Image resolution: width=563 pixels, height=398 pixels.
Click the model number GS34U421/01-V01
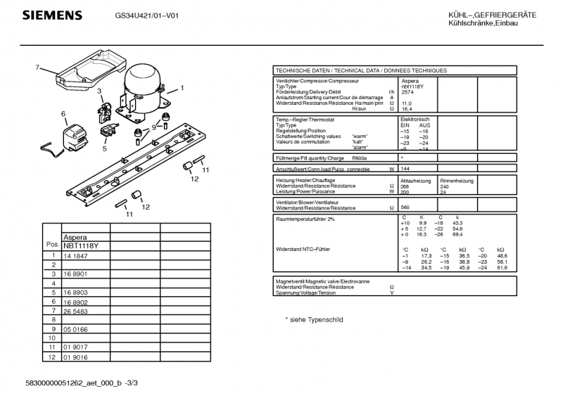(146, 15)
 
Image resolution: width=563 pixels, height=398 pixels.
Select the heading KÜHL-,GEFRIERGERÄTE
(492, 15)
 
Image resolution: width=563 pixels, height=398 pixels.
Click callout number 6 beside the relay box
(63, 113)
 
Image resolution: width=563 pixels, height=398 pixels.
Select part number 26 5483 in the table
(77, 310)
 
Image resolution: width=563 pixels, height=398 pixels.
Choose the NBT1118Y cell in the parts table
(81, 245)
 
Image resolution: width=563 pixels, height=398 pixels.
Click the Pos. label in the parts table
(51, 245)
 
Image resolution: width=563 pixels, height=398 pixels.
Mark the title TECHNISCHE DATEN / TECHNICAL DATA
(360, 70)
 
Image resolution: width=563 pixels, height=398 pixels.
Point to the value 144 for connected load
(405, 169)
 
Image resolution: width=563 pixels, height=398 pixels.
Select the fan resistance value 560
(405, 208)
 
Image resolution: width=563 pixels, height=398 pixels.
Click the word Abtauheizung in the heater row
(415, 181)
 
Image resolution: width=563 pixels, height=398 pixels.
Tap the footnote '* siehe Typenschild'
(314, 319)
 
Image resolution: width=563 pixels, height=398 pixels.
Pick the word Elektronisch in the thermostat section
(415, 120)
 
